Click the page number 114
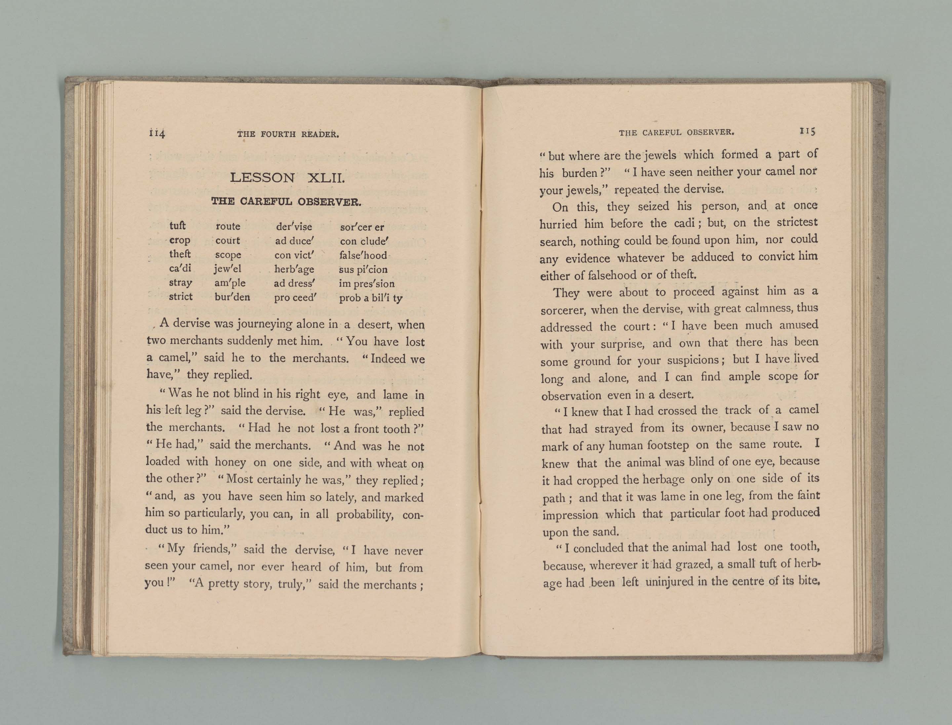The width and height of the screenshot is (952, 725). tap(157, 133)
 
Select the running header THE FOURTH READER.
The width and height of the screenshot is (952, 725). tap(288, 134)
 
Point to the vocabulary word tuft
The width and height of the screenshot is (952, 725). tap(178, 226)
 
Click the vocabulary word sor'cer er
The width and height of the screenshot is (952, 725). tap(362, 227)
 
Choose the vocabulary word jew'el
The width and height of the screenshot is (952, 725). tap(228, 269)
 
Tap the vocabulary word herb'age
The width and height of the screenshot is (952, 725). tap(294, 270)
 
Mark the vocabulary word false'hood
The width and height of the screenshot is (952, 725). tap(363, 255)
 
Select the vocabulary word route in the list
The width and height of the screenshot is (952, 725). tap(228, 226)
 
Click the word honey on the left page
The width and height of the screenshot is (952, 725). tap(230, 462)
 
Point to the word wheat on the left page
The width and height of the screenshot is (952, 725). tap(392, 463)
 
